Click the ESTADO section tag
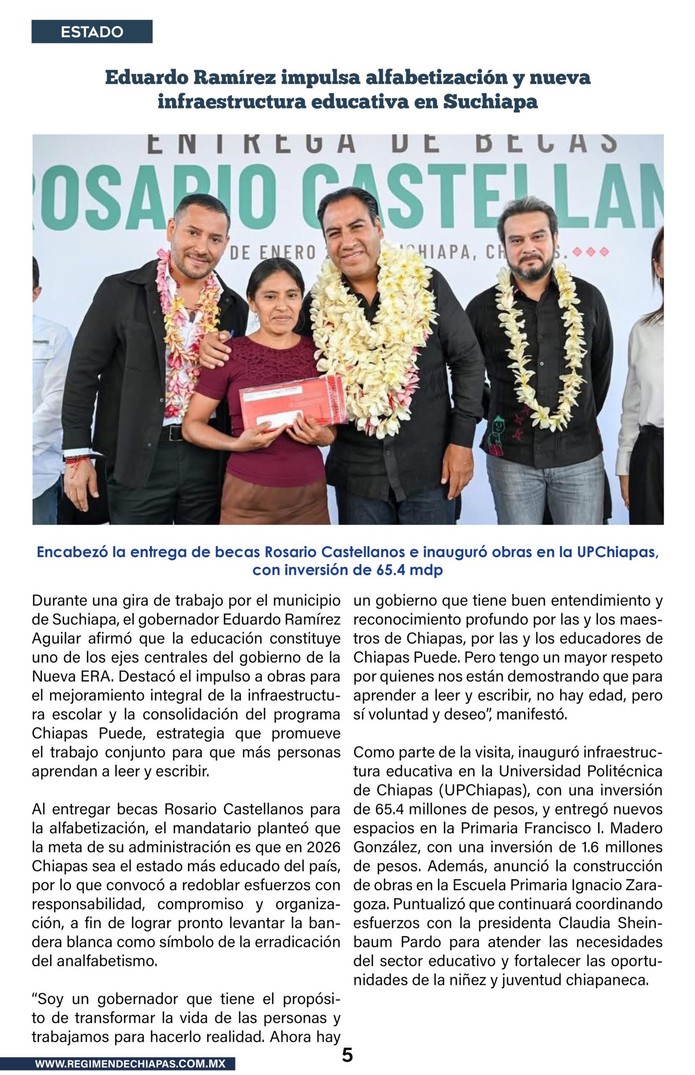click(x=92, y=32)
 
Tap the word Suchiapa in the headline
click(x=490, y=102)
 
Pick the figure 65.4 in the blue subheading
click(x=390, y=570)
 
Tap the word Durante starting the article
click(x=59, y=601)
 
